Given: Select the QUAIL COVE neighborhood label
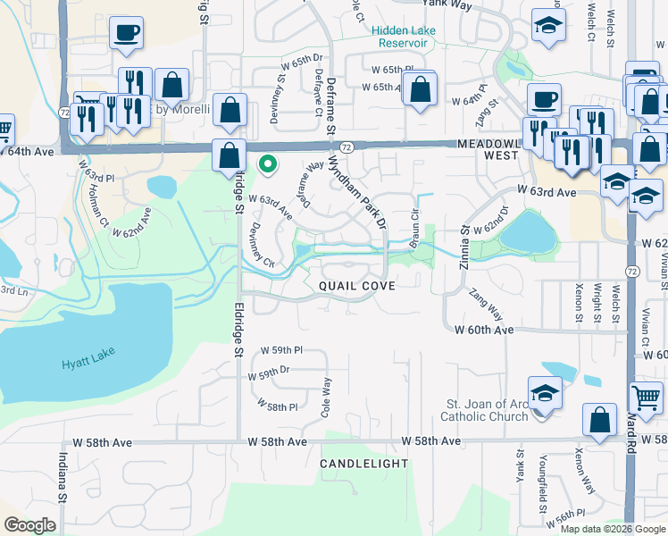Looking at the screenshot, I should tap(356, 284).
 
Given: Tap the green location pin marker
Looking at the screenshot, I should tap(266, 163).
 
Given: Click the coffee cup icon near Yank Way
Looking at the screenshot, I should tap(125, 33).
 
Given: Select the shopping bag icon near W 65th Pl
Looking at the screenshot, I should tap(419, 89).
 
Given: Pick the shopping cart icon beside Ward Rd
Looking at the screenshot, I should tap(646, 397).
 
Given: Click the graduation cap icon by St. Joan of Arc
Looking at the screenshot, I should tap(544, 392).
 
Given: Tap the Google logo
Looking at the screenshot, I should tap(29, 524).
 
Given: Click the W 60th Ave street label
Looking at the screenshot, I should tap(483, 330).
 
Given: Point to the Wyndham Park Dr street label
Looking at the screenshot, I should tap(357, 190).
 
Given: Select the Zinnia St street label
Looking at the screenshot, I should tap(464, 242).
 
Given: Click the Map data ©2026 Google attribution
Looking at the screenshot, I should tap(613, 528).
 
